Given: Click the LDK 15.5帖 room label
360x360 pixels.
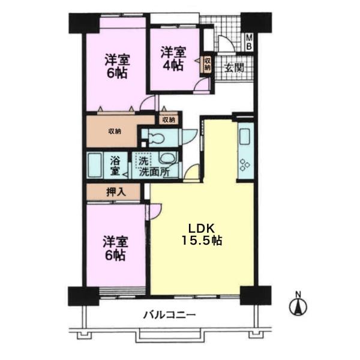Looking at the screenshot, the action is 202,234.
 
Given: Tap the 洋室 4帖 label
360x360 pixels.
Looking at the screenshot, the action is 173,59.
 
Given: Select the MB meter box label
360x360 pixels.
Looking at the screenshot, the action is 249,42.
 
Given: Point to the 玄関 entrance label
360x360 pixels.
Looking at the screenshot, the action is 234,68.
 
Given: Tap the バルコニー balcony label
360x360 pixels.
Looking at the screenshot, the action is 169,314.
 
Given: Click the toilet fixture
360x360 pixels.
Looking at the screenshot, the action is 156,138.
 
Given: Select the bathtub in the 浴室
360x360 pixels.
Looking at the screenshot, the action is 95,166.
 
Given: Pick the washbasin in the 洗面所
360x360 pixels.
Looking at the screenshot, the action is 167,158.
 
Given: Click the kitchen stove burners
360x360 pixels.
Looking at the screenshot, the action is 245,165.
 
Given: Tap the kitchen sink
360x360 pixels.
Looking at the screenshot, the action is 245,136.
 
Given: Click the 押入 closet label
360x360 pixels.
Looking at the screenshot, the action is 116,192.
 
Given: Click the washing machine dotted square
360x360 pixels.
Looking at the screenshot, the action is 143,160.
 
